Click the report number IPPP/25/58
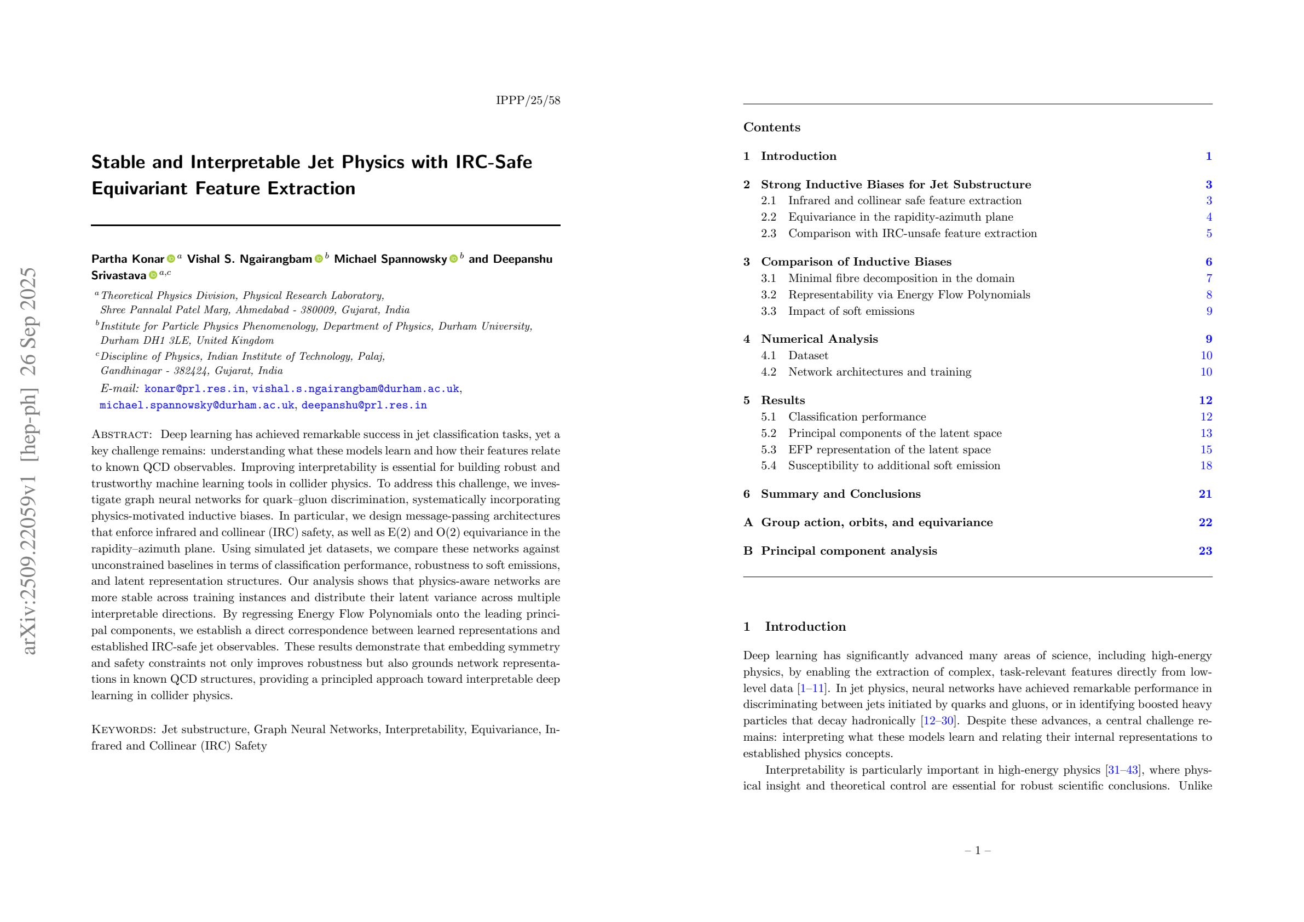click(528, 101)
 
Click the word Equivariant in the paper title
click(139, 188)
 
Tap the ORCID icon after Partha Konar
click(170, 259)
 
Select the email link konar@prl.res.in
click(194, 389)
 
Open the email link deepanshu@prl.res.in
click(364, 405)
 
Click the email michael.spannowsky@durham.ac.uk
click(197, 405)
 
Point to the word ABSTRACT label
click(122, 435)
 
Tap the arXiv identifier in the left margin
click(28, 460)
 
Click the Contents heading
click(771, 127)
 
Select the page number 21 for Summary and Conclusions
click(1205, 494)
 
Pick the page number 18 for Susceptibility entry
click(1207, 465)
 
